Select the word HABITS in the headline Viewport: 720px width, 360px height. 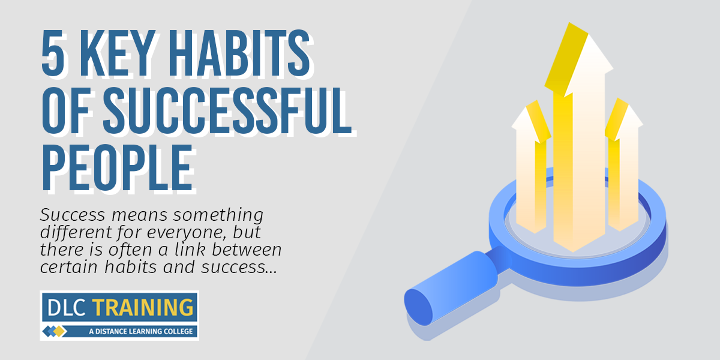coord(239,53)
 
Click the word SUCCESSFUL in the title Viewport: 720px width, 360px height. coord(227,110)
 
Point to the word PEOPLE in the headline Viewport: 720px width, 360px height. coord(118,167)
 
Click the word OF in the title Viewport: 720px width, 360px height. coord(65,110)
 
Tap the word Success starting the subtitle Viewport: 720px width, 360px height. coord(73,215)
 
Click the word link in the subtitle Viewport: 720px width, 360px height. coord(190,250)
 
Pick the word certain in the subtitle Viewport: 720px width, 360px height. coord(69,267)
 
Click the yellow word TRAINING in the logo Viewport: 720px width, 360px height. coord(143,307)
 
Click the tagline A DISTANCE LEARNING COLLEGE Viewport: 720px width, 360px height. coord(141,331)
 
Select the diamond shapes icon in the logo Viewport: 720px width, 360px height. coord(55,331)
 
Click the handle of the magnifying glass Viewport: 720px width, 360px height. coord(457,286)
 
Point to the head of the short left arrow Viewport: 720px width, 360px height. coord(531,122)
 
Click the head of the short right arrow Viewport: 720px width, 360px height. coord(623,119)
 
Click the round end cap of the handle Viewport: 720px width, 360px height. coord(418,307)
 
